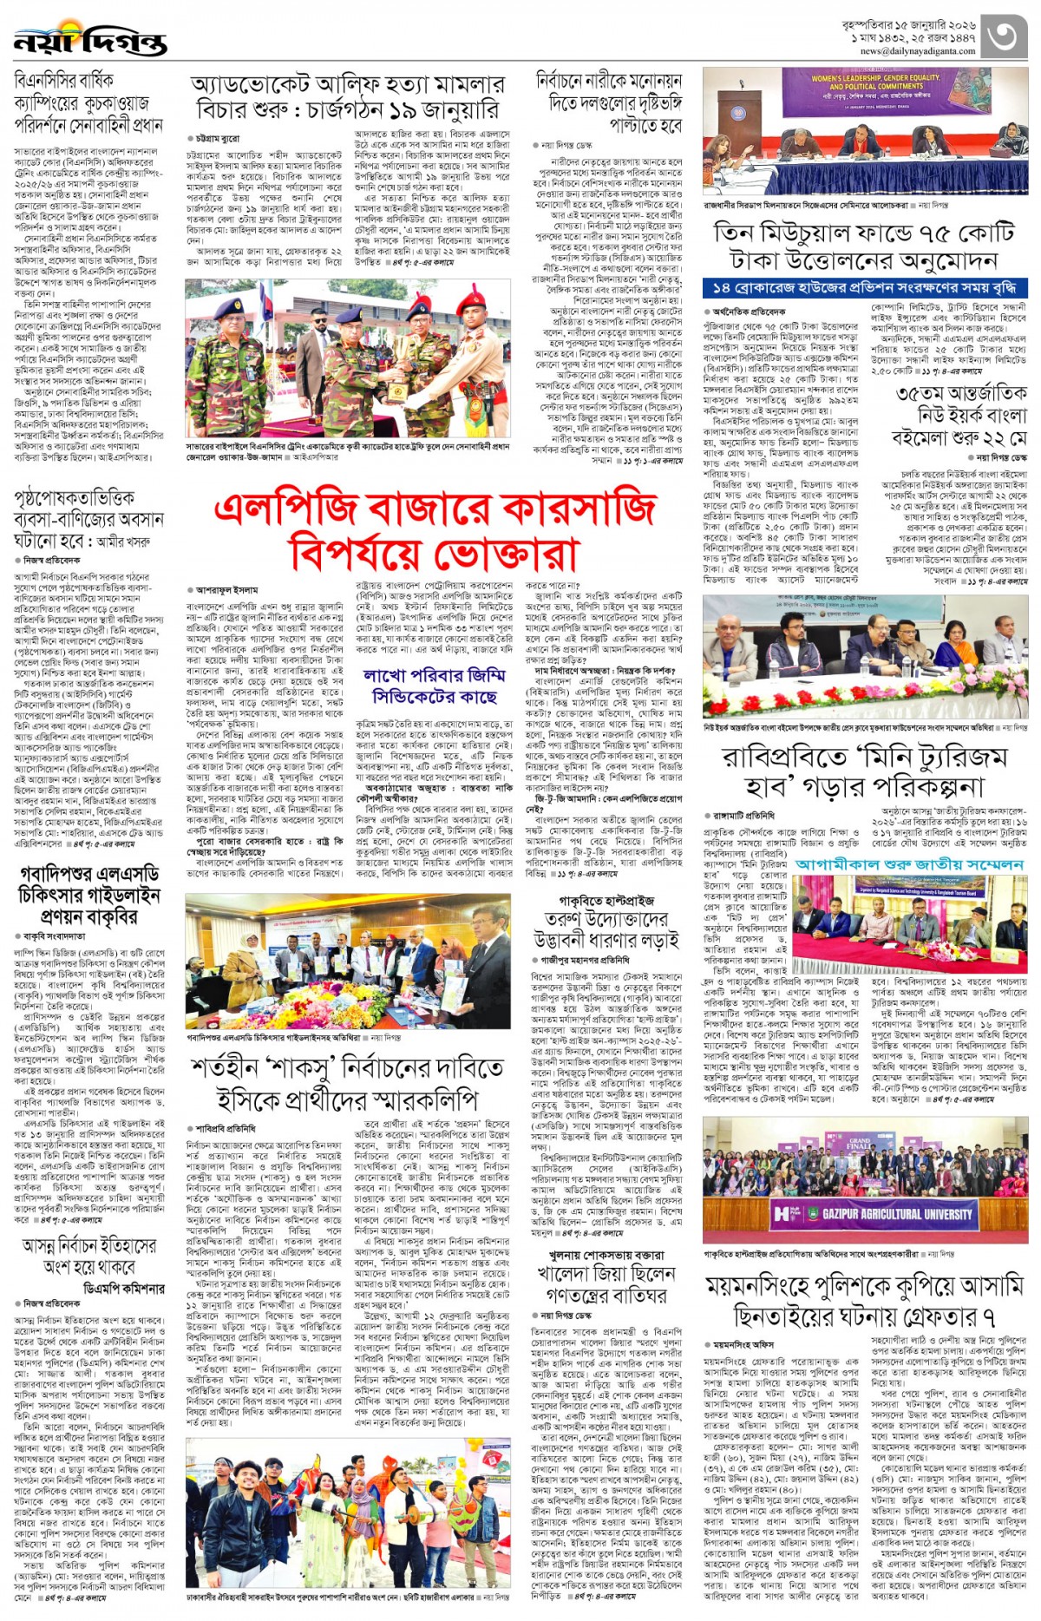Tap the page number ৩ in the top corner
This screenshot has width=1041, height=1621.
tap(1006, 37)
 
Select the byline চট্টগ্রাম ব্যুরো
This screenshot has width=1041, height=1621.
tap(217, 138)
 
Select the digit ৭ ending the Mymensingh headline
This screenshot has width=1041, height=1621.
tap(988, 1317)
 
